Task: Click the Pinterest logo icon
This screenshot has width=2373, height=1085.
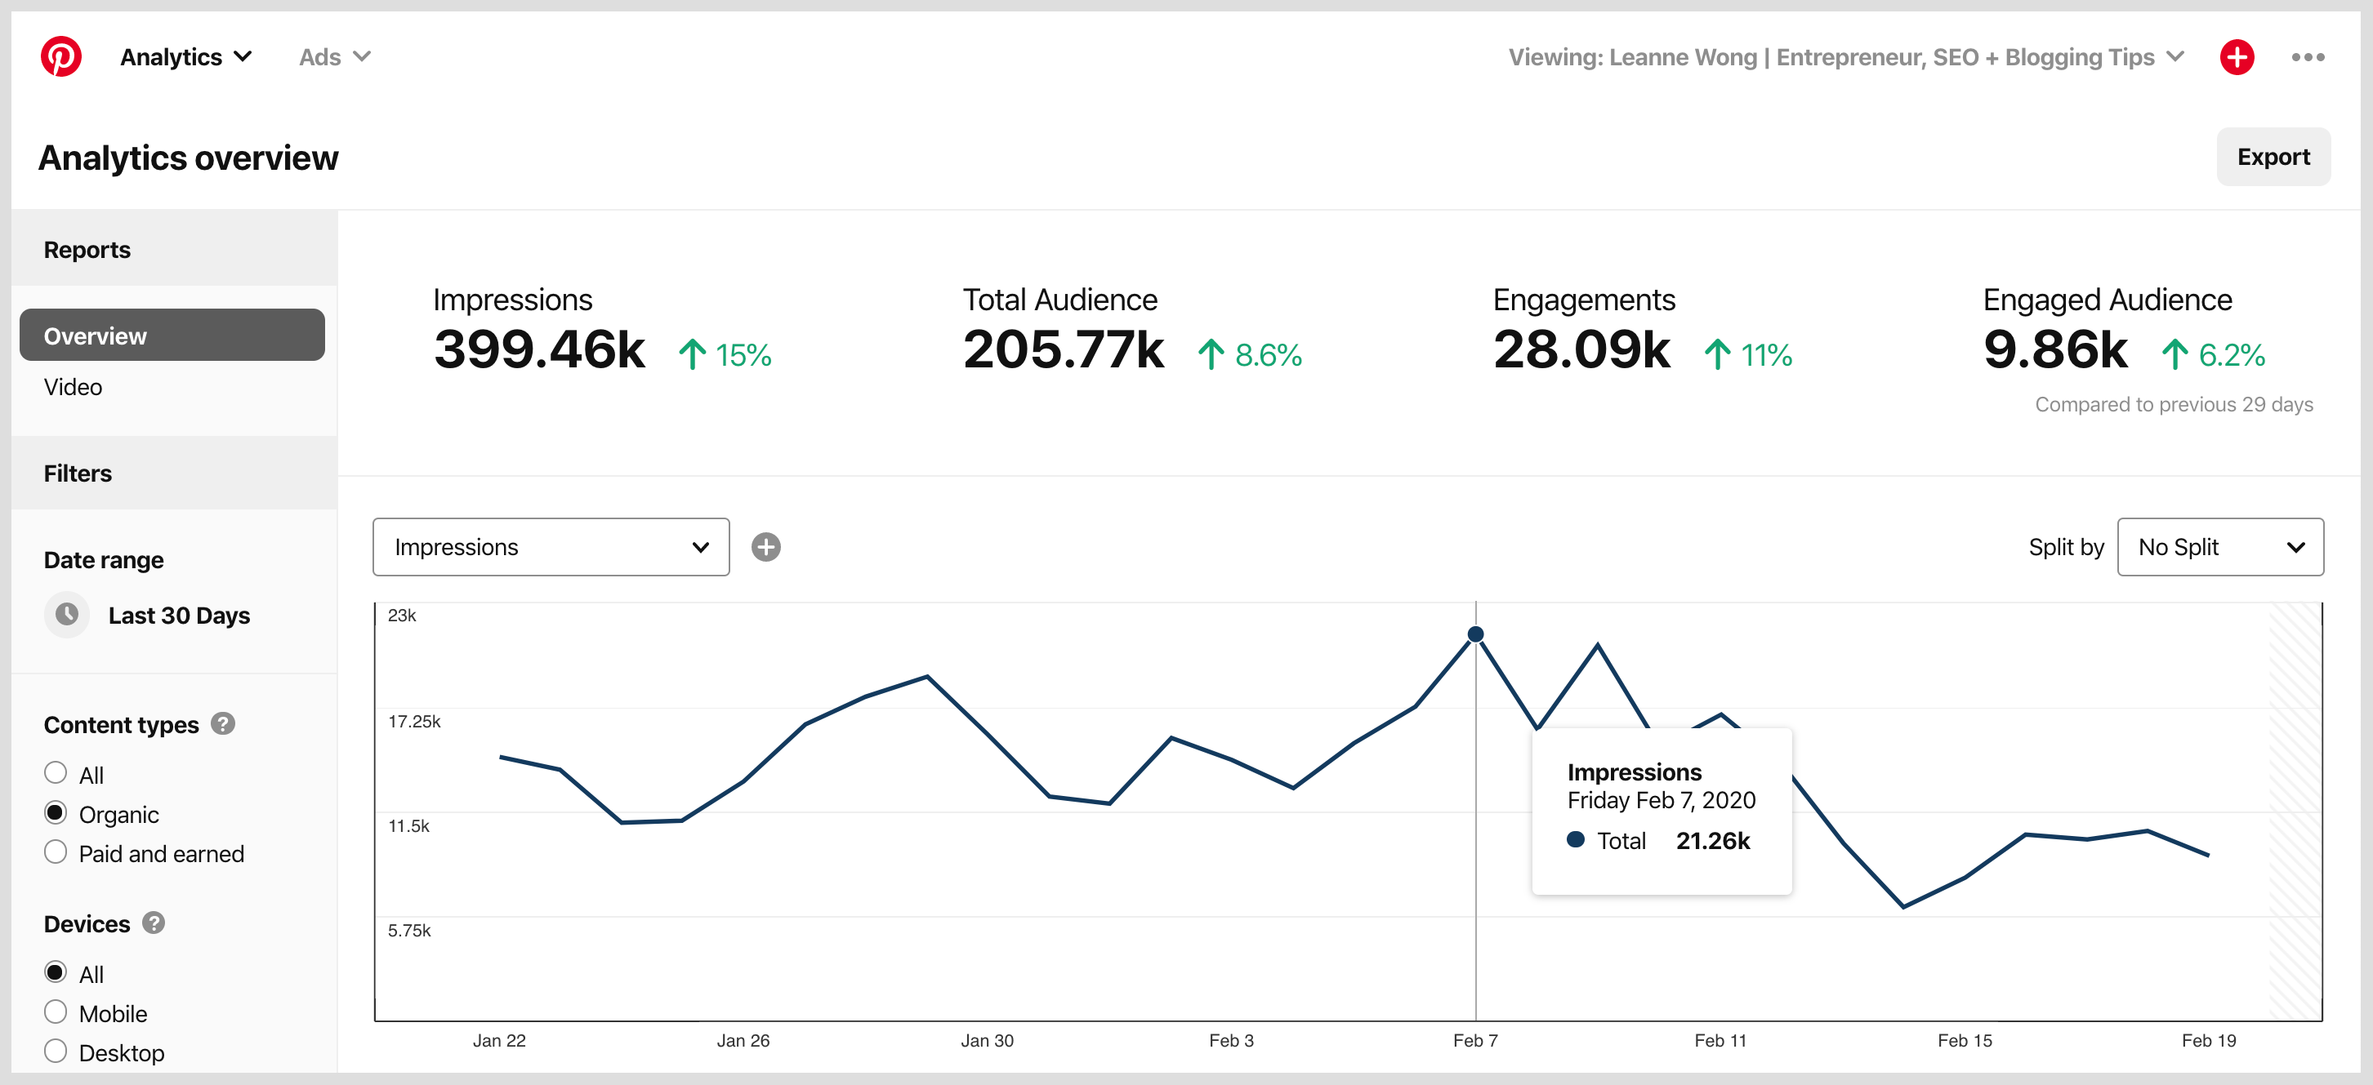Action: point(60,57)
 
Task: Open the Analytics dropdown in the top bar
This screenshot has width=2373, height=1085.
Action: point(186,57)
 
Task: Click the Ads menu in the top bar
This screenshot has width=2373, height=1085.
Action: point(333,57)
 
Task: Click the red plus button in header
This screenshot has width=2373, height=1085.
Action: point(2236,57)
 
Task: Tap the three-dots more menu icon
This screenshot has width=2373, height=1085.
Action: point(2307,57)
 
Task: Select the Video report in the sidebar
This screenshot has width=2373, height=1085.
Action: point(74,387)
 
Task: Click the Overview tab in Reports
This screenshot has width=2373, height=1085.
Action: point(172,336)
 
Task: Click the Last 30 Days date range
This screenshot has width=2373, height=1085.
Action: point(179,616)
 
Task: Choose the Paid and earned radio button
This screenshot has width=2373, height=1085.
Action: point(56,852)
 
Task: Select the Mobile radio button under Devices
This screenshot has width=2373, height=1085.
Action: point(56,1012)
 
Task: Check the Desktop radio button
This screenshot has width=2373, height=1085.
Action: point(56,1051)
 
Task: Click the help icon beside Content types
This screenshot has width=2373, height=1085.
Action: point(223,724)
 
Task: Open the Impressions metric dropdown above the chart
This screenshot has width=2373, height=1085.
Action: point(550,547)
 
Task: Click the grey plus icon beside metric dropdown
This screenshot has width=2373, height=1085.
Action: point(765,547)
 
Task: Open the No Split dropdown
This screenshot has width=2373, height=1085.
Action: point(2219,547)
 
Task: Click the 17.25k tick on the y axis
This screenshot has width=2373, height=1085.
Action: point(413,721)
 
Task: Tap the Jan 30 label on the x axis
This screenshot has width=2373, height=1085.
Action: point(987,1040)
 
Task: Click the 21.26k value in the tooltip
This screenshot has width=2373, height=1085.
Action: point(1711,840)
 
